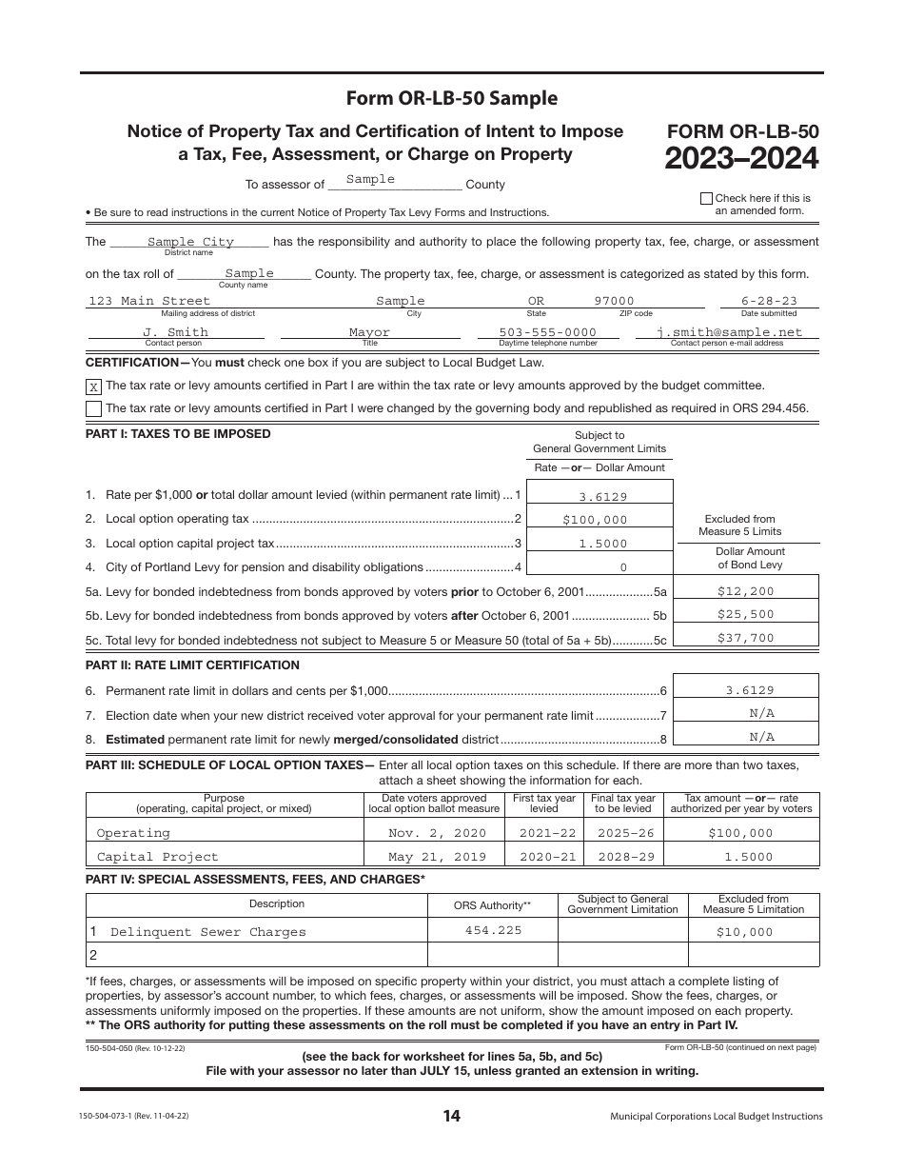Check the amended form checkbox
click(705, 199)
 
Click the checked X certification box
click(93, 387)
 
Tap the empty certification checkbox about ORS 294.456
click(93, 408)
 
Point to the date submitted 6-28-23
click(769, 301)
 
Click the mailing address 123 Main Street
click(149, 301)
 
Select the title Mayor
click(369, 332)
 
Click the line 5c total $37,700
click(746, 638)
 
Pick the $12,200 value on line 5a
click(746, 590)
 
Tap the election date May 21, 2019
click(437, 857)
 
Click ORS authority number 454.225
click(493, 930)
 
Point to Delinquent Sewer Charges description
click(208, 932)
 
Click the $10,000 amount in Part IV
click(744, 932)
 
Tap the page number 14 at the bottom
click(451, 1117)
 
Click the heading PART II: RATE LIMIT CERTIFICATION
click(192, 665)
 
